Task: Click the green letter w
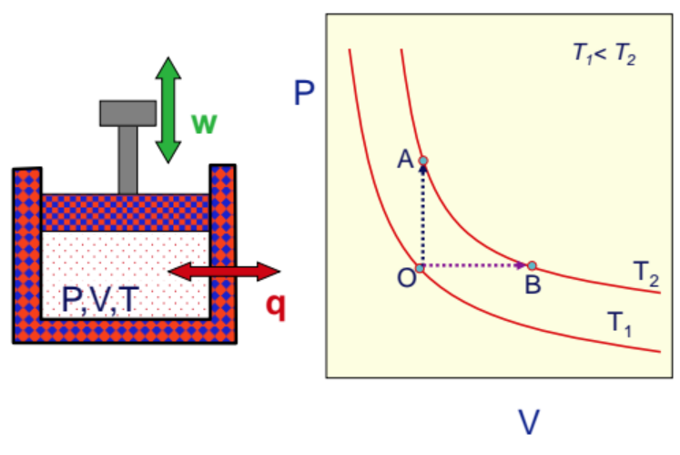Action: click(x=204, y=123)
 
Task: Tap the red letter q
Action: click(x=274, y=307)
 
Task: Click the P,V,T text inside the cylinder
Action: click(x=101, y=298)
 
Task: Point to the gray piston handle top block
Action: click(x=127, y=112)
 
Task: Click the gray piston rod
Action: click(x=127, y=159)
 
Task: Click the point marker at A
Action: click(x=422, y=161)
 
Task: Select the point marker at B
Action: click(x=533, y=266)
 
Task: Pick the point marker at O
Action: click(x=420, y=268)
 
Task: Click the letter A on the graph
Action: click(x=405, y=160)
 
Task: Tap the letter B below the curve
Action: click(x=533, y=285)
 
